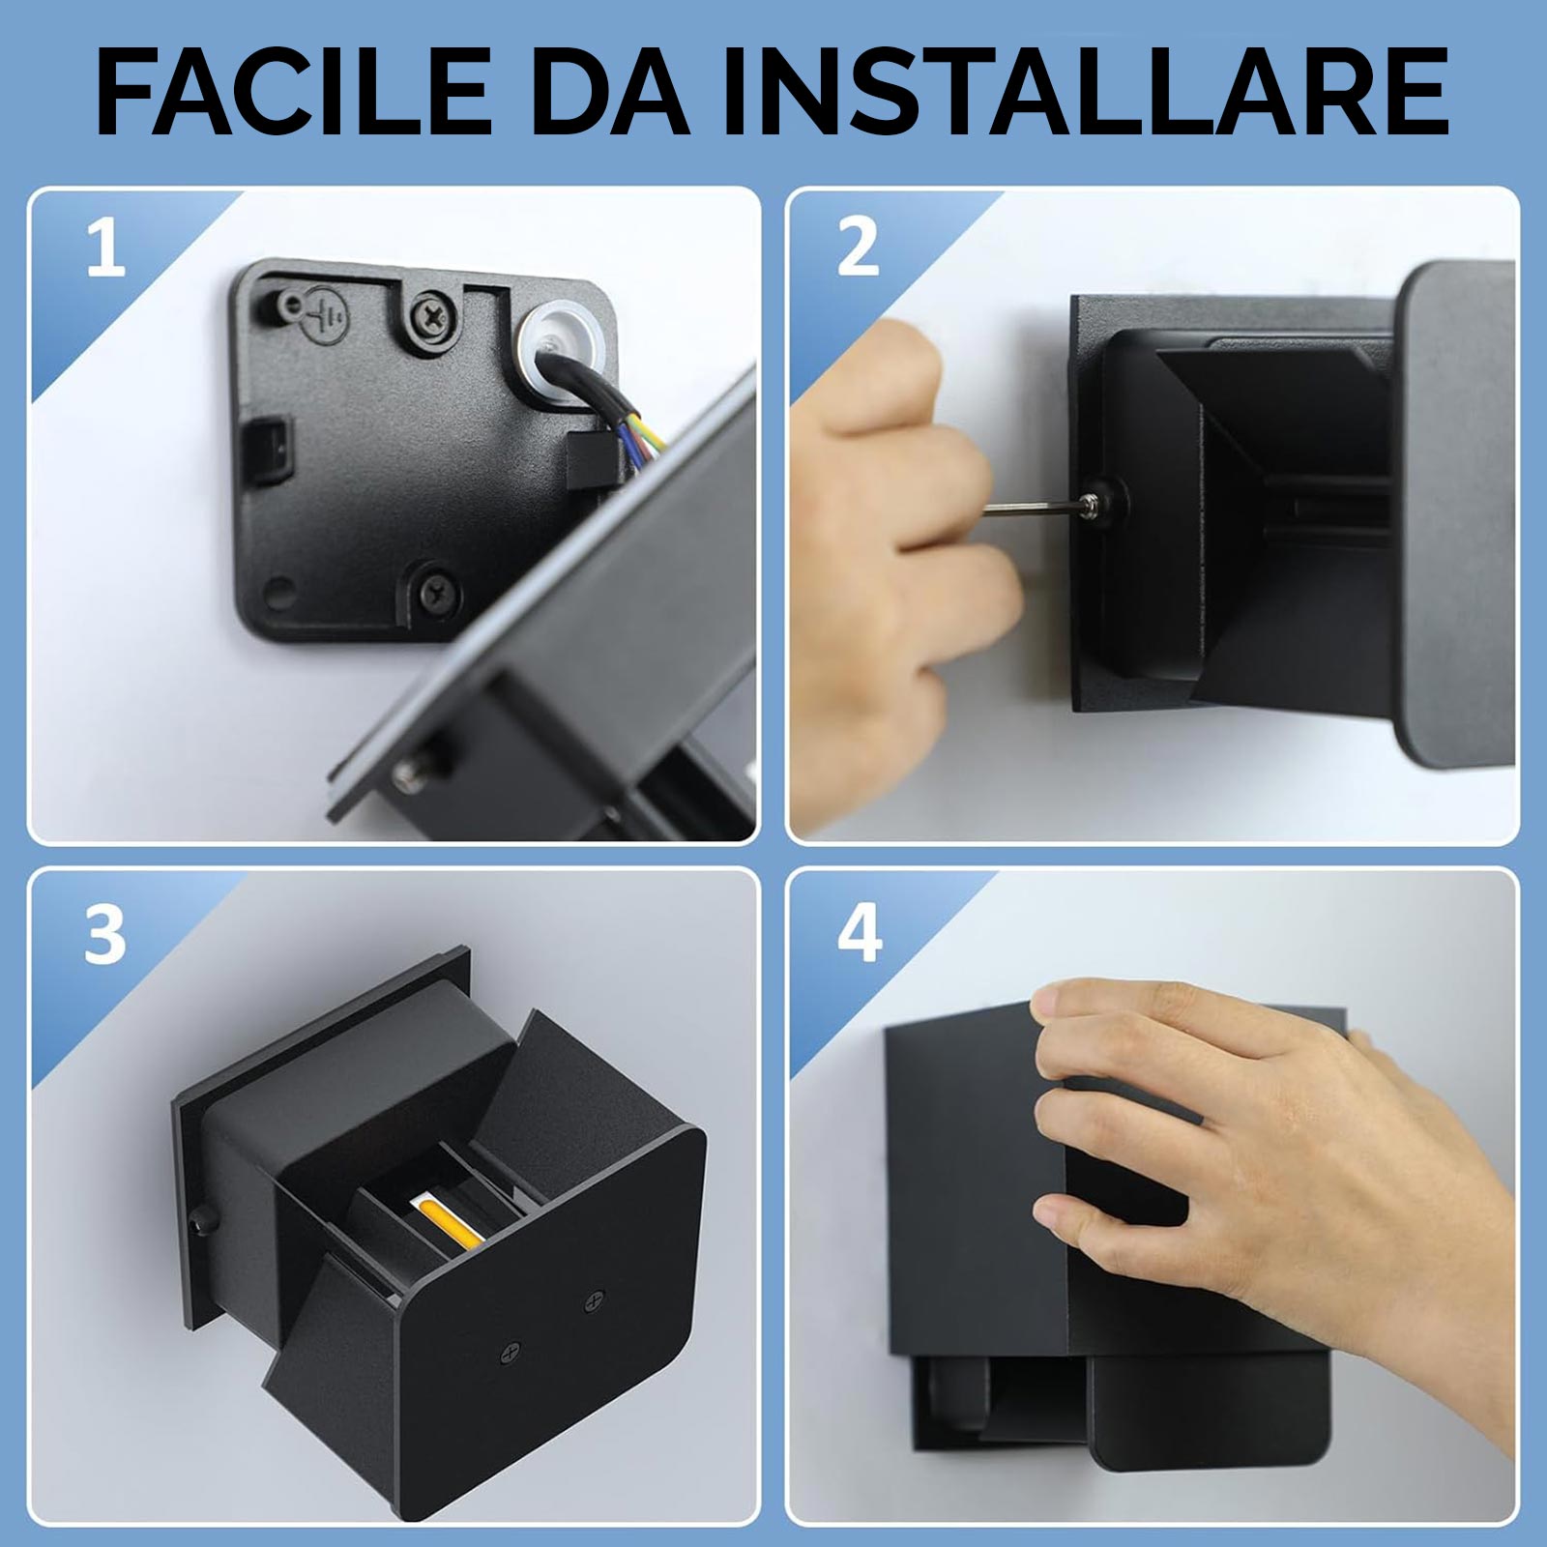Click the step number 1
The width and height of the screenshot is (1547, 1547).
pyautogui.click(x=105, y=248)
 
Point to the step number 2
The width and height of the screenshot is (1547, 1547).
pyautogui.click(x=858, y=248)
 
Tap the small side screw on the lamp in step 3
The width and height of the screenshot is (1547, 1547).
pyautogui.click(x=204, y=1219)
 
